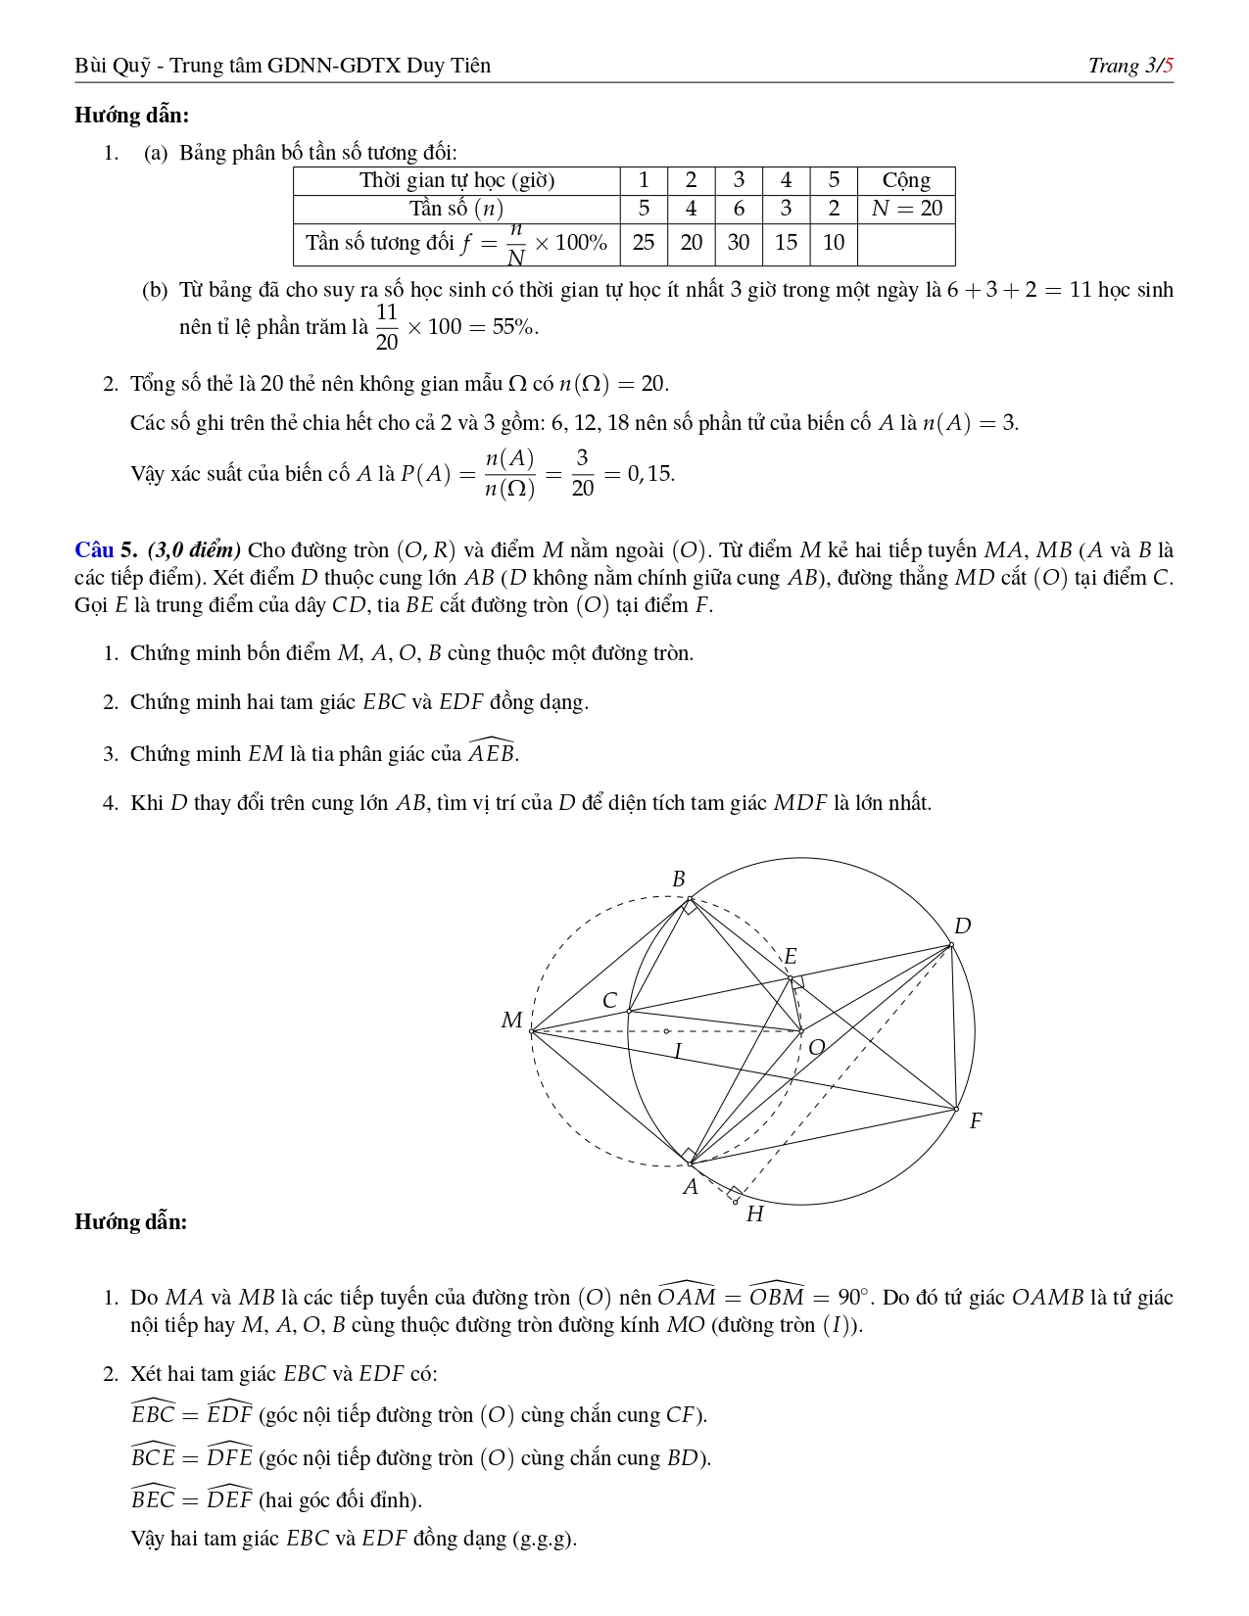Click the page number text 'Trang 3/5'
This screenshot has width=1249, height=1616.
pos(1130,66)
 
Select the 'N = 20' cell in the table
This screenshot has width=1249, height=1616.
pos(906,209)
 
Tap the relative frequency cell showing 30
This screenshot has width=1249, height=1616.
pos(739,243)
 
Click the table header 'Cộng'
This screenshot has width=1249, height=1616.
pos(906,180)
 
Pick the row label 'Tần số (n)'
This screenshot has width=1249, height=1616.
pos(456,209)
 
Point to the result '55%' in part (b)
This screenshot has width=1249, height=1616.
pos(514,327)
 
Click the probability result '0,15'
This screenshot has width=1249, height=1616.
pos(650,474)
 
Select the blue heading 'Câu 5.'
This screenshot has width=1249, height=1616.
pos(107,549)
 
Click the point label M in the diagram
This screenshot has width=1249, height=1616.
pos(511,1021)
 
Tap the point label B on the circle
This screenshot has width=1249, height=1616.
pos(678,879)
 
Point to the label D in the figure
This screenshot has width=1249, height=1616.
pos(962,926)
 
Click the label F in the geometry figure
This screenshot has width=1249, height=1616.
pos(975,1121)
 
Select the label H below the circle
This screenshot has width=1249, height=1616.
pos(754,1214)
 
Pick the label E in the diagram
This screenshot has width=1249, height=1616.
pos(791,957)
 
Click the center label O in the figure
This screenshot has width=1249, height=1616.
pos(816,1048)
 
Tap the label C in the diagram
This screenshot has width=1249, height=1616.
pos(609,1000)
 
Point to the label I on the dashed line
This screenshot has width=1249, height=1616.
pos(677,1052)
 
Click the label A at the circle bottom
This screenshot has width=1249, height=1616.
pos(690,1187)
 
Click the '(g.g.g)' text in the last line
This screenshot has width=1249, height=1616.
pos(544,1539)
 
